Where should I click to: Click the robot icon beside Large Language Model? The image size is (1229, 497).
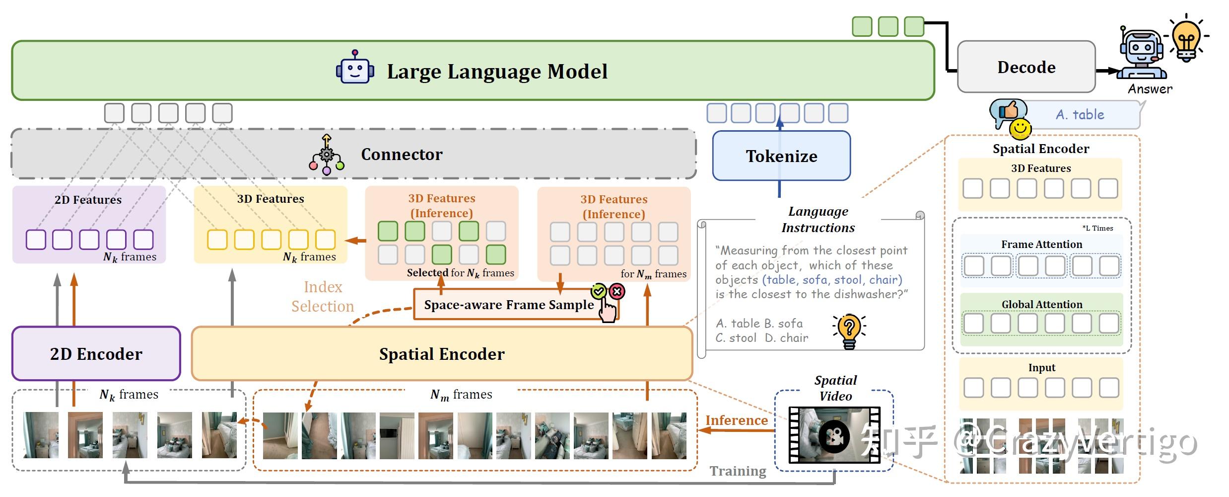(354, 68)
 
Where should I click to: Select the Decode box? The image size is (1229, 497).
(1025, 67)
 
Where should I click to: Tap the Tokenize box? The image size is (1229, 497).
(781, 156)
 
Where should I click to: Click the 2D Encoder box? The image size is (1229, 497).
(96, 354)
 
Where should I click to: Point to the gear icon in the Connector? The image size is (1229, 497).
(326, 155)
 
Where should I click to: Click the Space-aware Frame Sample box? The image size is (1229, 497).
(509, 305)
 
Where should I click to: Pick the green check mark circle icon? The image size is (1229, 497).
(599, 292)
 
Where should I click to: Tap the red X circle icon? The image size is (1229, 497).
(617, 292)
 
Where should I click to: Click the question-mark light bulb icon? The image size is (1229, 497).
(849, 331)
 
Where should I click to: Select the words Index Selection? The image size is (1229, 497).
(323, 297)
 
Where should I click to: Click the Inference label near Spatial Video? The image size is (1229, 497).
(736, 420)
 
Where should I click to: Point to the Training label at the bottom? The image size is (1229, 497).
(738, 471)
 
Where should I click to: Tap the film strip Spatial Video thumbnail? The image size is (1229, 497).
(834, 435)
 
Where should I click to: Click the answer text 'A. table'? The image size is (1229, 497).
(1080, 115)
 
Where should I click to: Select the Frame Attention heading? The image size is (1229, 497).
(1041, 245)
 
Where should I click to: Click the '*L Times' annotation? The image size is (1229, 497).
(1097, 228)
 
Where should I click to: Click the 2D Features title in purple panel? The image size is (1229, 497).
(88, 200)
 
